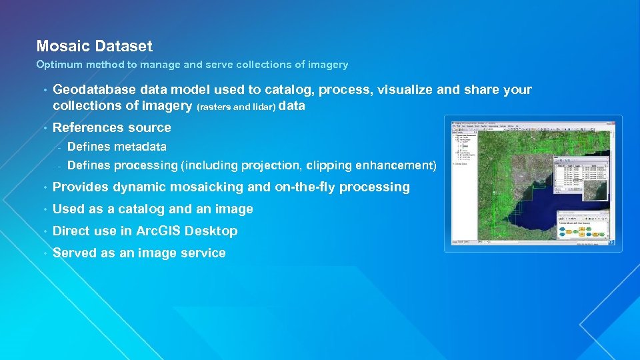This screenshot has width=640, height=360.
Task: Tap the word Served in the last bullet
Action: tap(75, 253)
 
